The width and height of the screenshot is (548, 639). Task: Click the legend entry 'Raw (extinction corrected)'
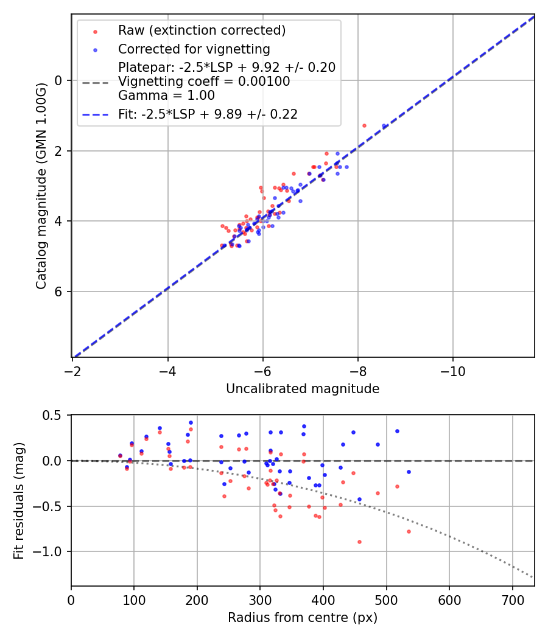tap(202, 30)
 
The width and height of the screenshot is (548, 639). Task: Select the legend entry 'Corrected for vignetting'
tap(194, 49)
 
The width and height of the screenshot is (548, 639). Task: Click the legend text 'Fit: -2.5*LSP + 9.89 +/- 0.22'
tap(208, 114)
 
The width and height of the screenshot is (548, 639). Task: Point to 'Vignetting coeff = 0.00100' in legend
tap(204, 82)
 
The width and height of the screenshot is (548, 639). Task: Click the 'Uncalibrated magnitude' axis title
tap(303, 389)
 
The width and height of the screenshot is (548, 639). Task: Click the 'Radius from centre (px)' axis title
tap(303, 618)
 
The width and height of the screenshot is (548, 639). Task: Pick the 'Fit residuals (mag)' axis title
tap(19, 501)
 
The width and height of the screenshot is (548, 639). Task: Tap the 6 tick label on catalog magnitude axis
tap(59, 292)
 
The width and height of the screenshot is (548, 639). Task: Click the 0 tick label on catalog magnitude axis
tap(59, 81)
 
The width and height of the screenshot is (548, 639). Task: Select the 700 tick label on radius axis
tap(513, 601)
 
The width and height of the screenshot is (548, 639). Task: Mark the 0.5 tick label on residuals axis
tap(53, 415)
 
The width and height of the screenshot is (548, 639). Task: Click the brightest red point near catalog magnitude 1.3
tap(364, 125)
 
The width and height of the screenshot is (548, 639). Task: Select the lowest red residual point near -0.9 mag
tap(359, 542)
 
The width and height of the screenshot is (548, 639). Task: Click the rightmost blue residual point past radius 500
tap(409, 472)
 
